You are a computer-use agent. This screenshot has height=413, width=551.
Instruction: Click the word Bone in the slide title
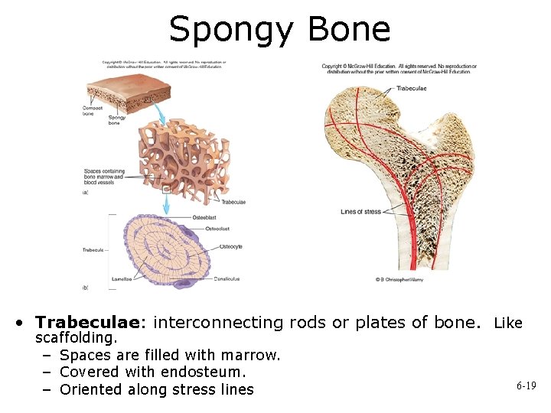click(348, 29)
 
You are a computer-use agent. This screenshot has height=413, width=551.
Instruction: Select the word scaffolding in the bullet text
click(77, 337)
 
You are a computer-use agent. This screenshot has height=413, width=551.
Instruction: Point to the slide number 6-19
click(526, 386)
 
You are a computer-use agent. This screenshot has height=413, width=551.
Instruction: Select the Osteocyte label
click(230, 246)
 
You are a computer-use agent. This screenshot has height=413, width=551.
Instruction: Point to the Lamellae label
click(121, 279)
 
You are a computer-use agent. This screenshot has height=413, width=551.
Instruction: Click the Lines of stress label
click(360, 212)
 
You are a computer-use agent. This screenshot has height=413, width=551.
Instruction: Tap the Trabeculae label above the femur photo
click(412, 89)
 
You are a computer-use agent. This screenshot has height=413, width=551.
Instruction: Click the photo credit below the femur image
click(400, 279)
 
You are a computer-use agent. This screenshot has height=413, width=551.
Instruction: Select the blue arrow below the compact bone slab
click(160, 113)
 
